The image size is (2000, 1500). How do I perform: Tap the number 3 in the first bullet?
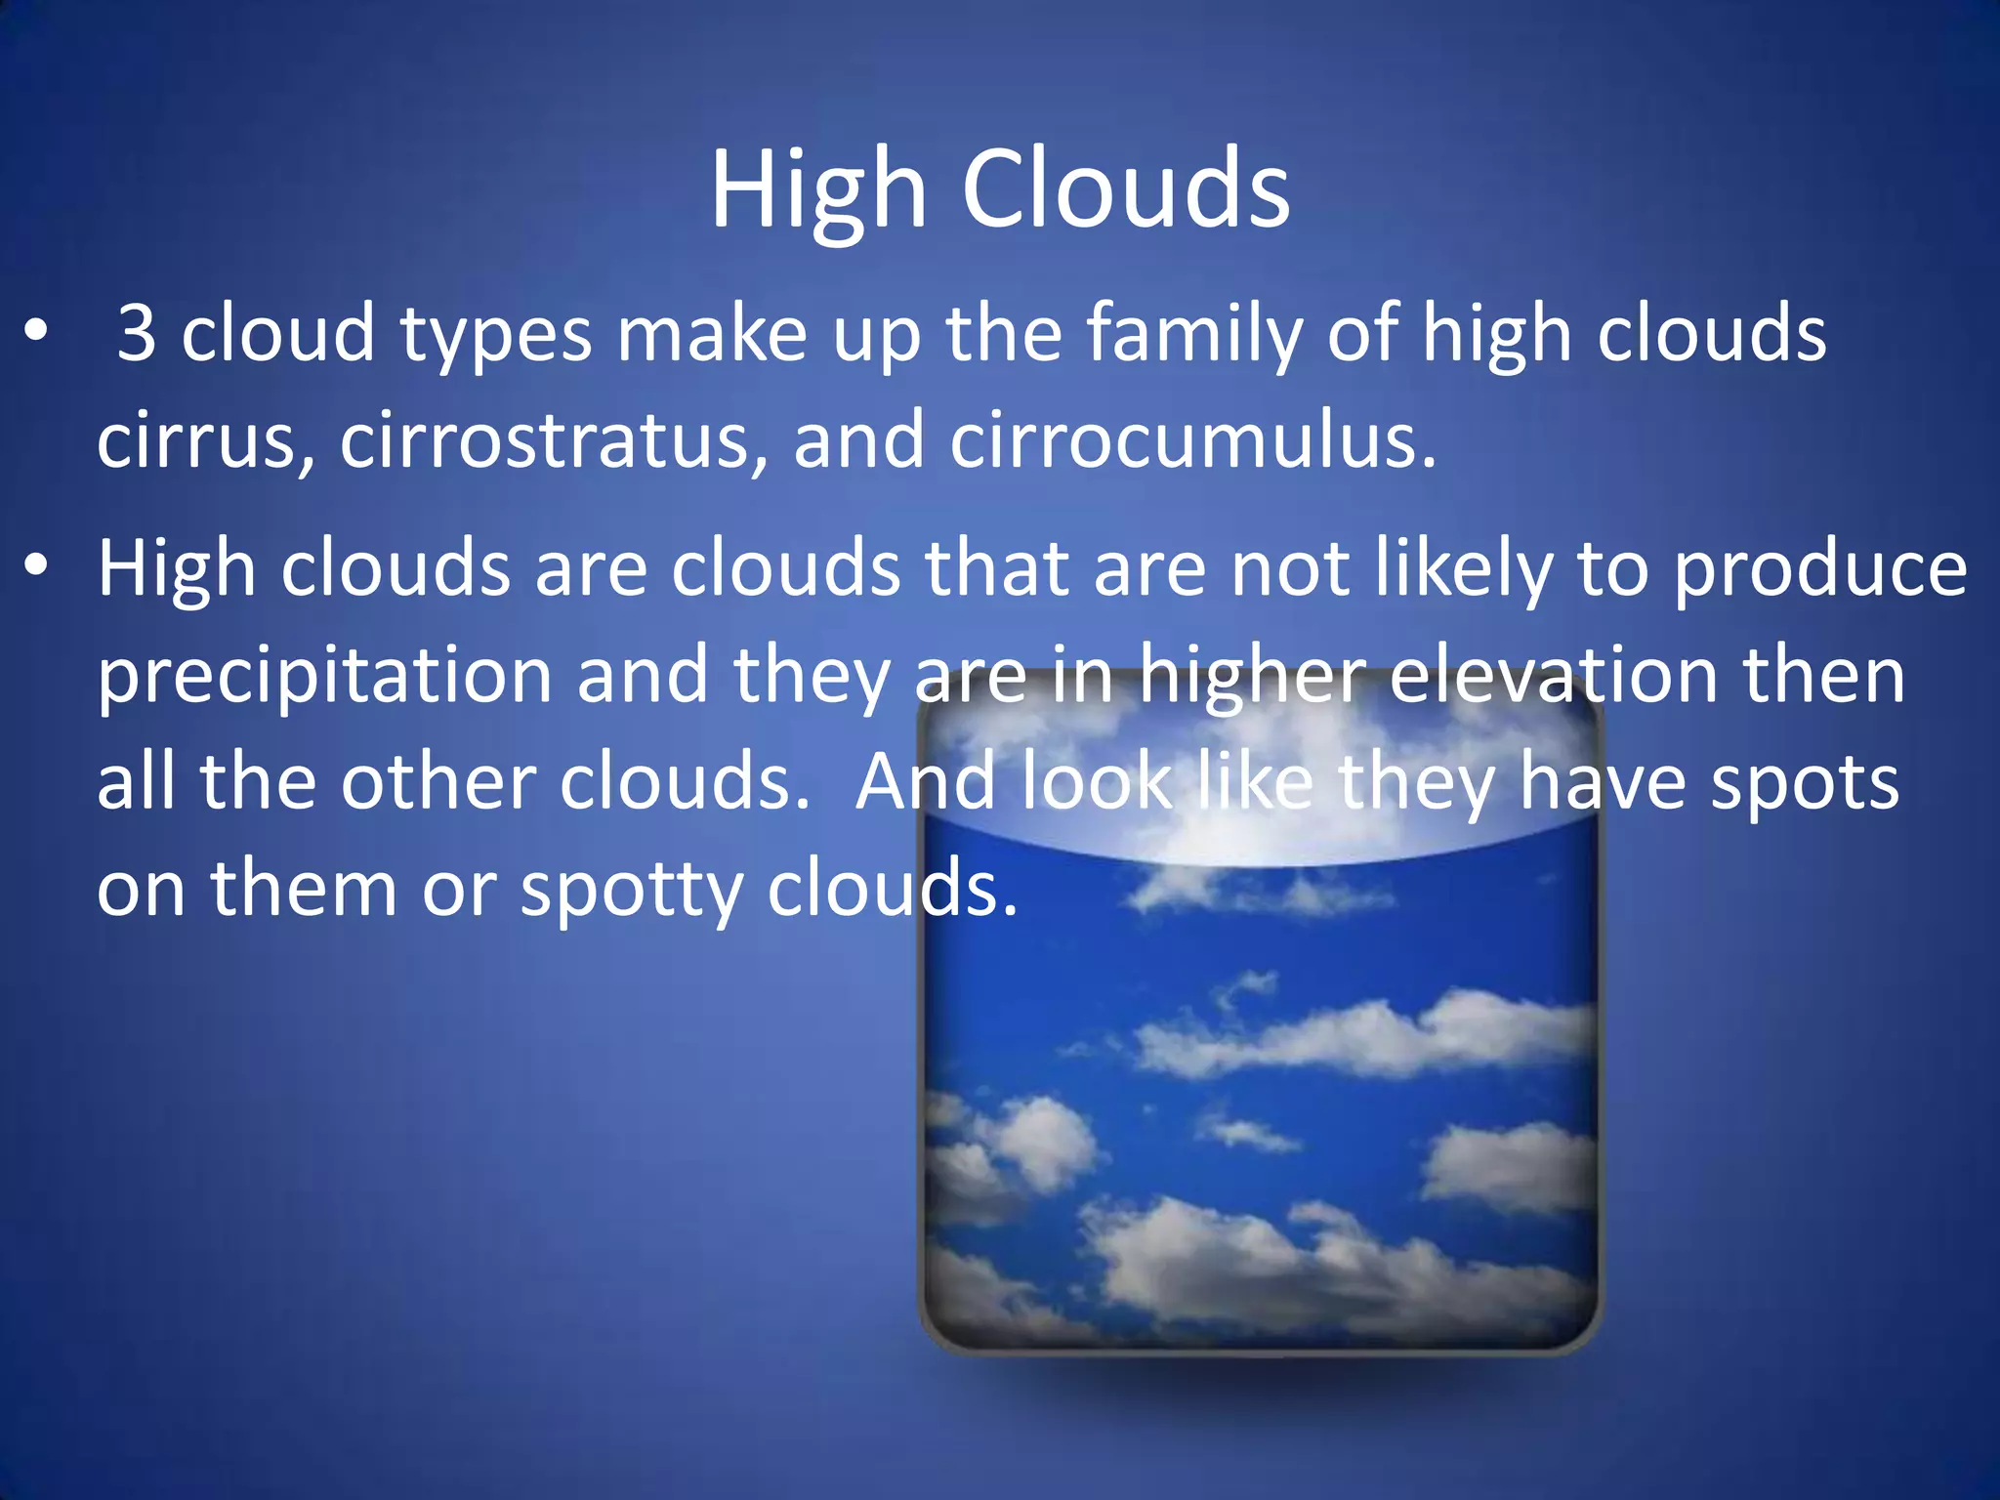click(x=136, y=334)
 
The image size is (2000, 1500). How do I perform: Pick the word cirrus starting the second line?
click(x=205, y=440)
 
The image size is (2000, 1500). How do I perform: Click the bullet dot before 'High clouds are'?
click(x=36, y=566)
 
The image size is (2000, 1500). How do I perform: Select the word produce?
click(x=1819, y=570)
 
